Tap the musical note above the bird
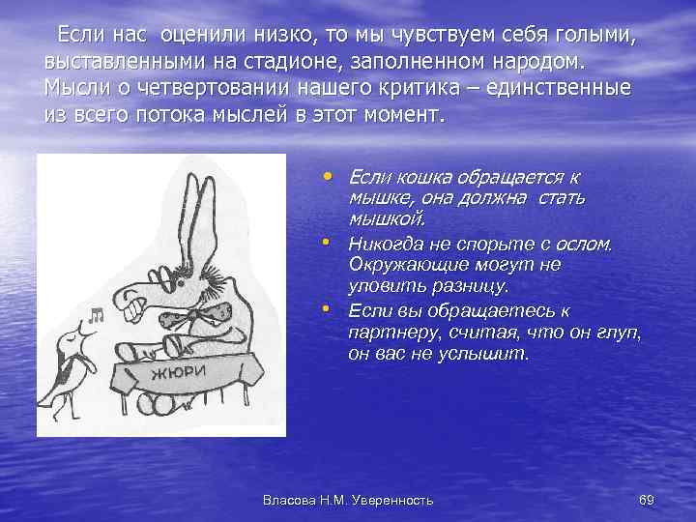(x=96, y=313)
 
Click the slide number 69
(x=647, y=500)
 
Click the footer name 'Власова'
(x=294, y=500)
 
